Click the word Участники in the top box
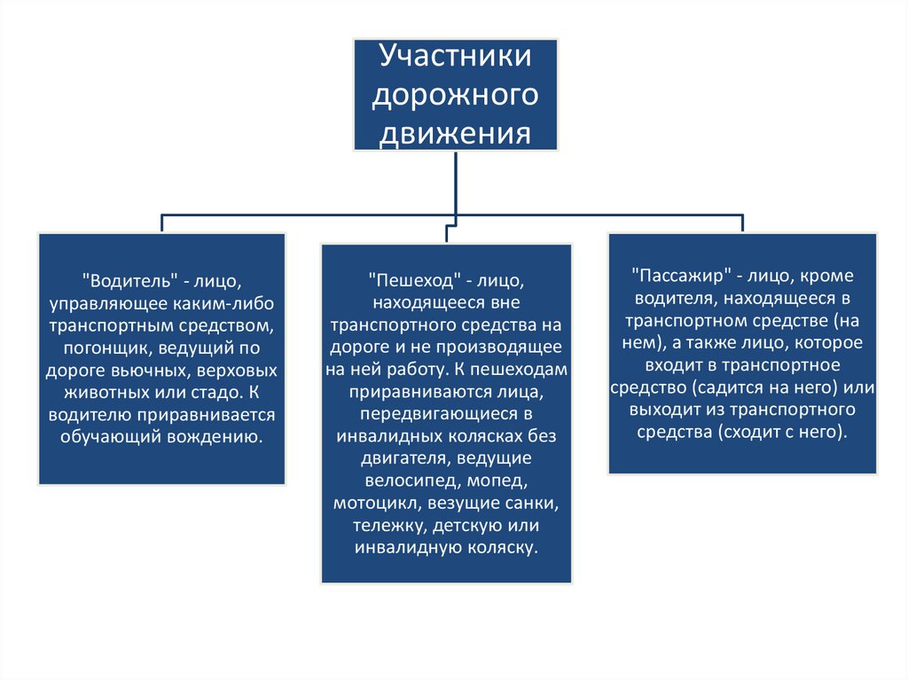(455, 56)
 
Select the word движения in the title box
(455, 134)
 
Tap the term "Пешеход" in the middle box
(416, 281)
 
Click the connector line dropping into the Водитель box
(162, 223)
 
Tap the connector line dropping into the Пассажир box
(742, 223)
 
